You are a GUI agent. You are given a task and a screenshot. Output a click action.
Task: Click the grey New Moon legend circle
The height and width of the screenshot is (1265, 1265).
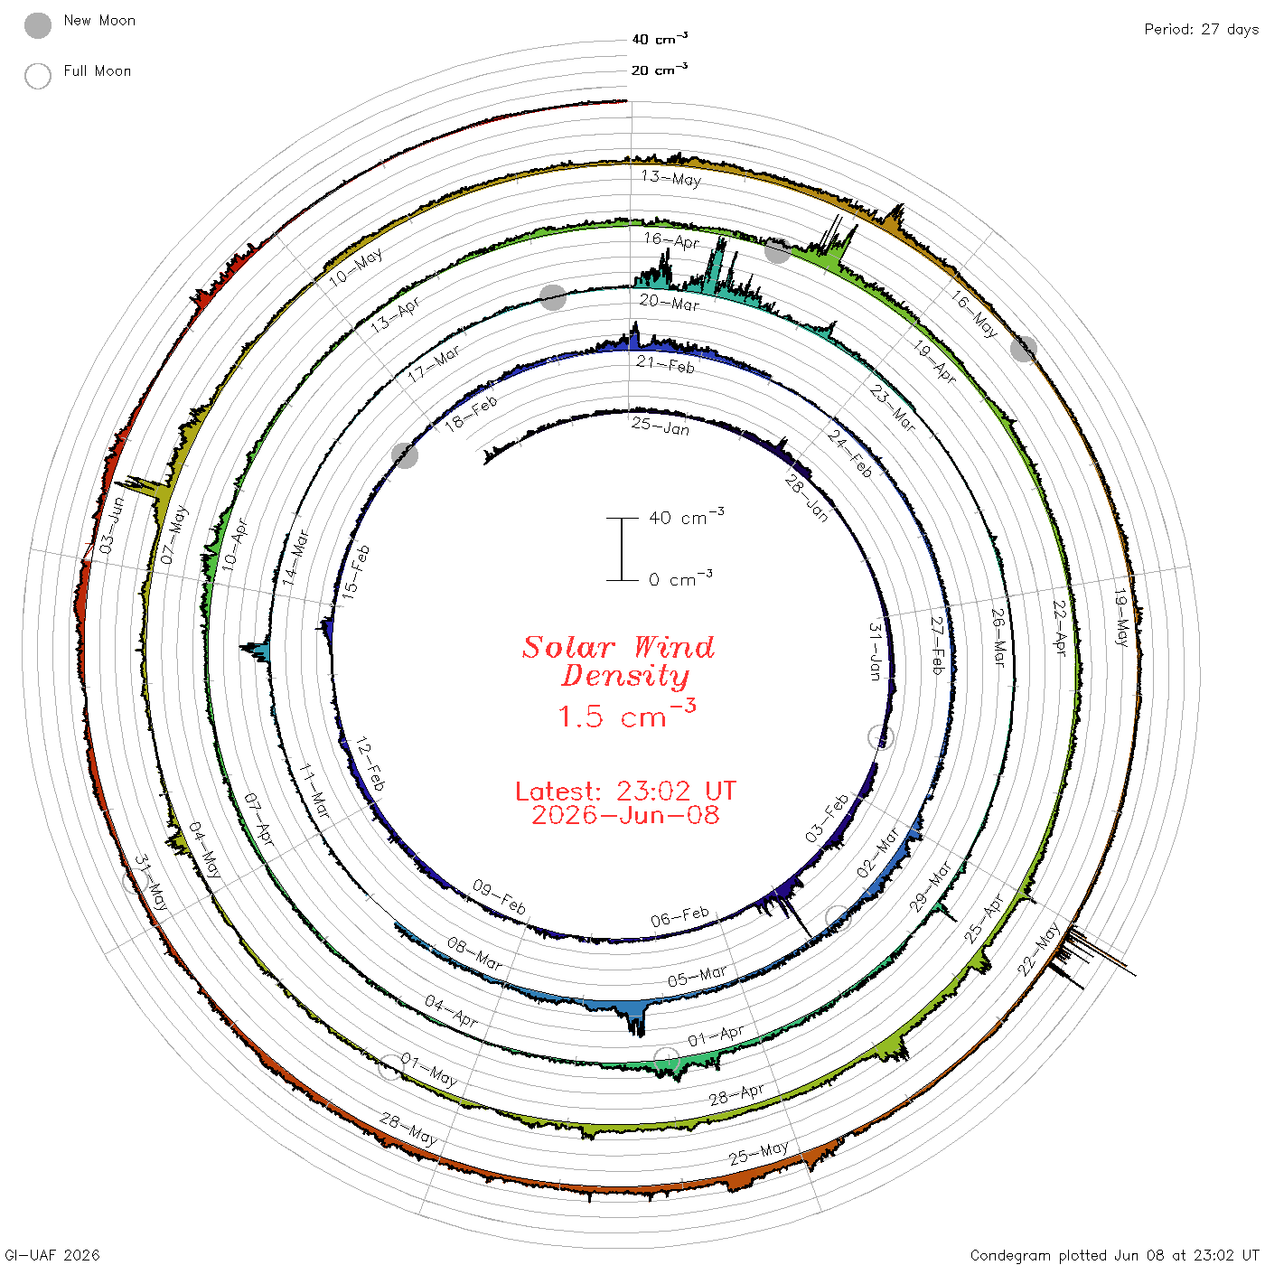[37, 25]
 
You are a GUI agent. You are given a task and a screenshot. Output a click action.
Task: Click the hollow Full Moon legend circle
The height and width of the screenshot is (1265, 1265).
[37, 76]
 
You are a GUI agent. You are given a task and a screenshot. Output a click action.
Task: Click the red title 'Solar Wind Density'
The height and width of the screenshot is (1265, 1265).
[618, 661]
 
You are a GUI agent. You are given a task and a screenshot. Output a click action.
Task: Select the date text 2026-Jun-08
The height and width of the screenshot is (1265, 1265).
[625, 815]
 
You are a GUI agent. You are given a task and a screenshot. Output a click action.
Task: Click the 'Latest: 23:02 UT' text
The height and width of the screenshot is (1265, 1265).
[625, 791]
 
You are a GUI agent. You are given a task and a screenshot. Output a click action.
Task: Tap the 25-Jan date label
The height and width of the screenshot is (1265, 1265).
[661, 426]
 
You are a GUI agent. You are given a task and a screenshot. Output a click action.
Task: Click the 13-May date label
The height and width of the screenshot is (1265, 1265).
[671, 178]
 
